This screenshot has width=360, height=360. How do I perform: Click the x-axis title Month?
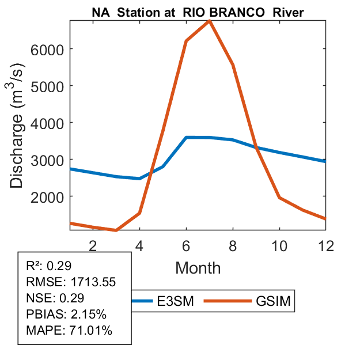point(198,267)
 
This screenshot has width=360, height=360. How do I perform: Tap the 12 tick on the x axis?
point(326,245)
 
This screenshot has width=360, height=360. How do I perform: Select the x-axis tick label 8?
point(233,245)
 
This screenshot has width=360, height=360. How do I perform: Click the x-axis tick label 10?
point(279,245)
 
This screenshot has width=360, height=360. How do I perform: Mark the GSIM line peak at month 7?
point(210,21)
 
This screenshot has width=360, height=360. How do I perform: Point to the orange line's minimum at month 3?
point(116,230)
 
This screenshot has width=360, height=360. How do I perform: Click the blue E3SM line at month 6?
point(186,138)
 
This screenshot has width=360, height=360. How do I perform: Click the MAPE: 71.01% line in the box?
point(69,331)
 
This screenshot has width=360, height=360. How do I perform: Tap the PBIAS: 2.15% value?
point(66,315)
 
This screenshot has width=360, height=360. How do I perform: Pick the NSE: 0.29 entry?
point(55,298)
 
